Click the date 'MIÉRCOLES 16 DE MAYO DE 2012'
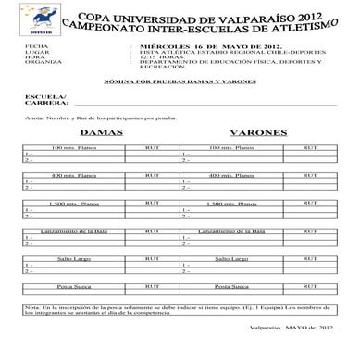tap(189, 44)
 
